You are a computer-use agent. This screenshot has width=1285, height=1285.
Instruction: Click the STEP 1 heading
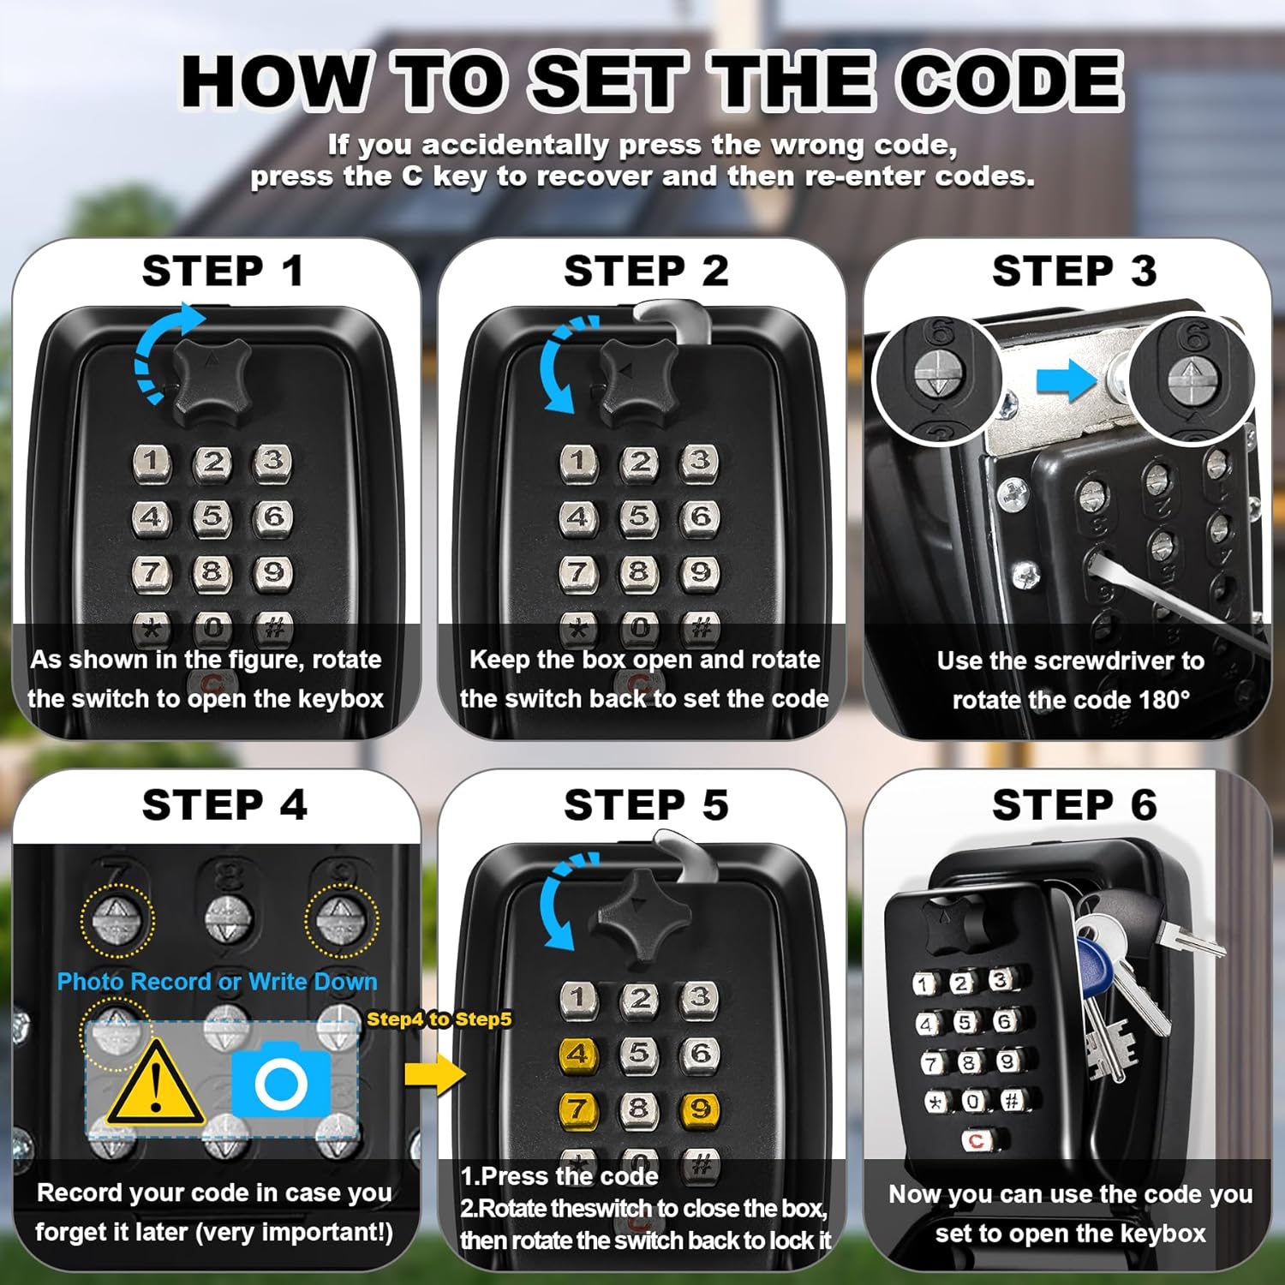[x=223, y=272]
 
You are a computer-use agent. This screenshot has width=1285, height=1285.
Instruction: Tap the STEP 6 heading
[x=1074, y=805]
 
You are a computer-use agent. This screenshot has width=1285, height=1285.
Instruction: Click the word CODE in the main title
[x=1011, y=81]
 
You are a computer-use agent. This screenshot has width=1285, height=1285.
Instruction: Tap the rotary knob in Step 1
[x=212, y=380]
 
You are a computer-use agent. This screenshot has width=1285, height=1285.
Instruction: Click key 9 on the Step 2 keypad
[x=700, y=571]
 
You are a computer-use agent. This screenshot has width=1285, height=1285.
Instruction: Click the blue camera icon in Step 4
[x=281, y=1081]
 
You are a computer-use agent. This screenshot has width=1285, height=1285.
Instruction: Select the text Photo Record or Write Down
[x=217, y=982]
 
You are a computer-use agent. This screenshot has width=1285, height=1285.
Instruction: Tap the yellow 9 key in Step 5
[x=700, y=1109]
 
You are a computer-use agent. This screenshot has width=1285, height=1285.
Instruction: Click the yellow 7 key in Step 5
[x=578, y=1109]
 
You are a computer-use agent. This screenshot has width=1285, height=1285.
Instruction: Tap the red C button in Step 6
[x=976, y=1140]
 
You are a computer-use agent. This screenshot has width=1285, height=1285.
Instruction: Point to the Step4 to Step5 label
[x=439, y=1019]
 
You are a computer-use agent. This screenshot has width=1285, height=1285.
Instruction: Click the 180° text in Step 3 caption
[x=1164, y=700]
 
